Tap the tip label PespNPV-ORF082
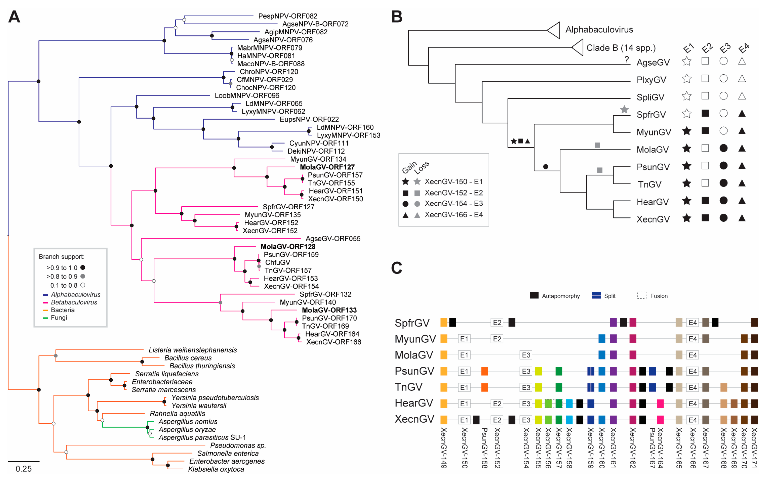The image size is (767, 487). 287,16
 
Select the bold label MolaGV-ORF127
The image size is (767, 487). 327,167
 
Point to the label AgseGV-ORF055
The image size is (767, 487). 333,239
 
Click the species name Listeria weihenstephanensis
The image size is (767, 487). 193,350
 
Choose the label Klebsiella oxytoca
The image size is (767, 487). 216,469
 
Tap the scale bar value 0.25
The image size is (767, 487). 24,469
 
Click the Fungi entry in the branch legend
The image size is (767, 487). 59,318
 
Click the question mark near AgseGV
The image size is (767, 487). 627,59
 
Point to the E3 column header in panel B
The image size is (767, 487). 725,48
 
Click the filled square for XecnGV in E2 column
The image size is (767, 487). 705,218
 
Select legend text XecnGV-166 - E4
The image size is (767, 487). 454,215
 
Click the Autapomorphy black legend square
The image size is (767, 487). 534,295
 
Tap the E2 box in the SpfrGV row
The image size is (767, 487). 497,323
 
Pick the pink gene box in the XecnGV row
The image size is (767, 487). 660,420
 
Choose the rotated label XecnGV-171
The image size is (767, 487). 754,448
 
